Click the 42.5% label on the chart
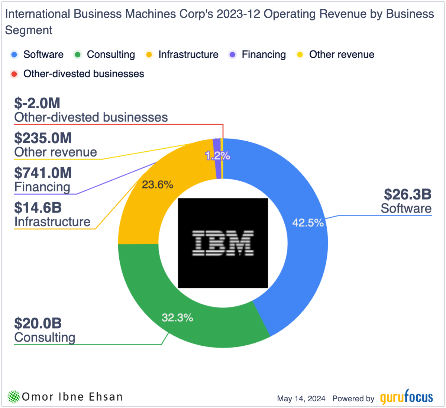pyautogui.click(x=308, y=223)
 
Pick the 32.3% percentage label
pyautogui.click(x=177, y=317)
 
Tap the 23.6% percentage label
pyautogui.click(x=158, y=184)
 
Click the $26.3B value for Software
pyautogui.click(x=407, y=194)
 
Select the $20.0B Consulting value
pyautogui.click(x=38, y=323)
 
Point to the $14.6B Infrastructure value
pyautogui.click(x=38, y=208)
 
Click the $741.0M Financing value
pyautogui.click(x=43, y=173)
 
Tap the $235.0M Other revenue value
pyautogui.click(x=43, y=138)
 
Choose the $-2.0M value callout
pyautogui.click(x=37, y=103)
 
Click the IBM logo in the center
pyautogui.click(x=223, y=243)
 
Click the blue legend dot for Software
pyautogui.click(x=14, y=55)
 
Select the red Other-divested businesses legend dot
pyautogui.click(x=14, y=74)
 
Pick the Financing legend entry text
pyautogui.click(x=264, y=55)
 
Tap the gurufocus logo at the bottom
pyautogui.click(x=406, y=398)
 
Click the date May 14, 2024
pyautogui.click(x=301, y=399)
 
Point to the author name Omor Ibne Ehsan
pyautogui.click(x=72, y=397)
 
